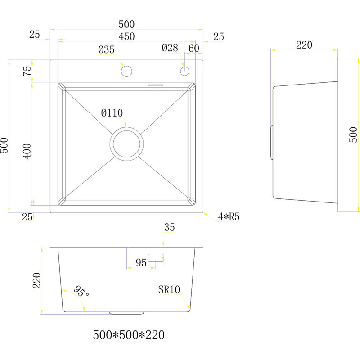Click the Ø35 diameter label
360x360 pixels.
pos(106,49)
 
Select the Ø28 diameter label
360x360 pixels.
pos(170,48)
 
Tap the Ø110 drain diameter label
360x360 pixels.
pos(112,113)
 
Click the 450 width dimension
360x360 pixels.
pos(127,36)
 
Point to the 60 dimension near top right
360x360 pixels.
pos(194,48)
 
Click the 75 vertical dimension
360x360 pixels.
pos(27,71)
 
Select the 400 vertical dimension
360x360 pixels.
pos(27,151)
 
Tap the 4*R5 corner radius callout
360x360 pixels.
pos(229,216)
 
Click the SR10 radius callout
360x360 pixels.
pos(169,289)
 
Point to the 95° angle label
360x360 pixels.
pos(81,291)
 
